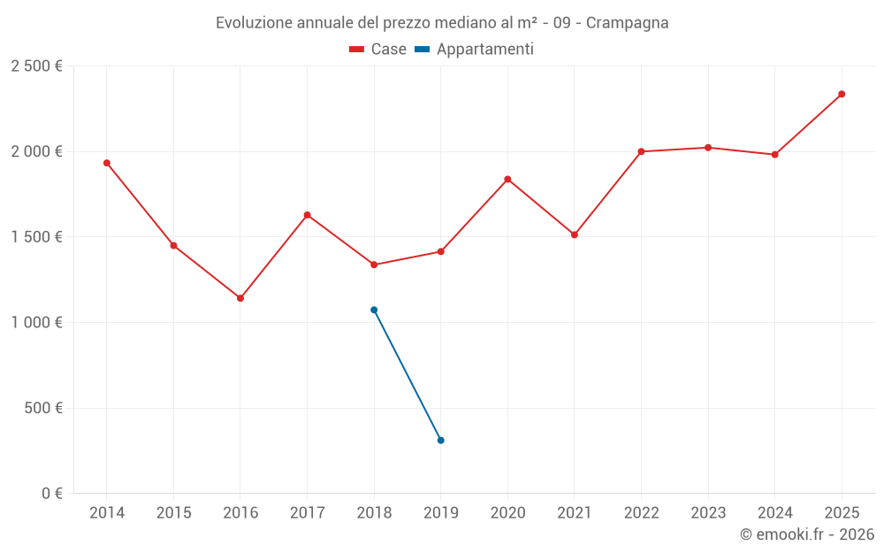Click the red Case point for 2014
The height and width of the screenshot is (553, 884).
(x=107, y=163)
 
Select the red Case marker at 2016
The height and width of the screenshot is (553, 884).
(x=240, y=298)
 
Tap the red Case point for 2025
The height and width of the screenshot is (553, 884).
(x=842, y=94)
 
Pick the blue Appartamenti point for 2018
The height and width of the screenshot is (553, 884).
(x=374, y=310)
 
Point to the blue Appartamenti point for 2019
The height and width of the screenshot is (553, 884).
(x=441, y=440)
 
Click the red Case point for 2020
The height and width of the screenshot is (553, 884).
(x=507, y=179)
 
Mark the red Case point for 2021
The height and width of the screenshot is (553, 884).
(x=575, y=234)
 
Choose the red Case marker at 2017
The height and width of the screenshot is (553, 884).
(x=308, y=215)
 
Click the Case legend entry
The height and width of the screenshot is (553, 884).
(x=378, y=50)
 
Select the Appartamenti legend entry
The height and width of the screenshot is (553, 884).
(x=475, y=50)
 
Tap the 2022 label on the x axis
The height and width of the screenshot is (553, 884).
(x=641, y=513)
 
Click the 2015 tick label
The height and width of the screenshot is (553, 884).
(x=173, y=513)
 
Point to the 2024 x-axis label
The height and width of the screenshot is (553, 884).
(x=774, y=513)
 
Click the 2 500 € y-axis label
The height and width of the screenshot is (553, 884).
(x=36, y=66)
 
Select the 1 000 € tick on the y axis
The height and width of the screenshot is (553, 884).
(x=36, y=323)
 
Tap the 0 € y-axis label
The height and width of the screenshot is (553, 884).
(x=52, y=494)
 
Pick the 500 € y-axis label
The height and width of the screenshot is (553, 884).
(x=44, y=408)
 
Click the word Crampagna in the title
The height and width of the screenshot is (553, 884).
(x=629, y=22)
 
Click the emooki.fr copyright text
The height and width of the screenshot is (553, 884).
(x=806, y=534)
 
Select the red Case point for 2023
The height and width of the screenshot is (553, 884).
(x=708, y=148)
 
